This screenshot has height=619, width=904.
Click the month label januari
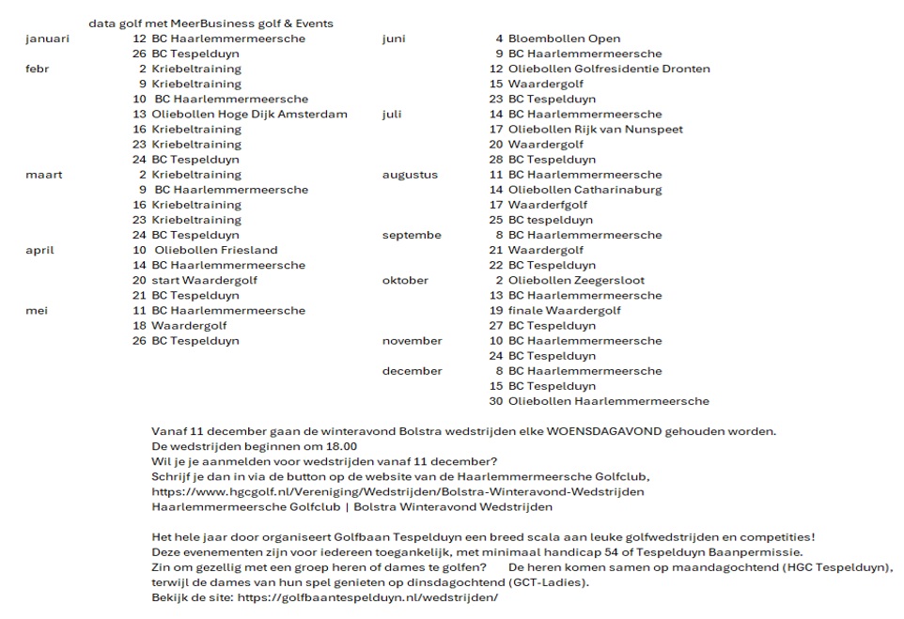(47, 39)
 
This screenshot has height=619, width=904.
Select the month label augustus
(410, 175)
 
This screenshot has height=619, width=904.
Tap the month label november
(412, 341)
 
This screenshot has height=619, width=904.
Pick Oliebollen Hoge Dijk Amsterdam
(249, 115)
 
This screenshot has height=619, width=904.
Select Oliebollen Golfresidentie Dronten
(609, 69)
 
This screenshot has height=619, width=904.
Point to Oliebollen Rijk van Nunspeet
(595, 130)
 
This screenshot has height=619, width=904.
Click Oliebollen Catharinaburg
(584, 190)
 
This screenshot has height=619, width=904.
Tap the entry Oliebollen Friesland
(216, 250)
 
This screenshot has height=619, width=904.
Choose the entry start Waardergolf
(204, 280)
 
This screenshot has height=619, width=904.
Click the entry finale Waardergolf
(564, 311)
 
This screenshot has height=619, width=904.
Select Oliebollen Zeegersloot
(576, 280)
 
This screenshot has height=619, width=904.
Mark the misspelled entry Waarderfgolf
(548, 205)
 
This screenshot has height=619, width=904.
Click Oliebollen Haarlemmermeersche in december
(608, 401)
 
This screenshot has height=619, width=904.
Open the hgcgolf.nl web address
(397, 492)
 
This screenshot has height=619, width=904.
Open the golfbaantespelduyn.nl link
(367, 597)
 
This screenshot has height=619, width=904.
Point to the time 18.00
(341, 446)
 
